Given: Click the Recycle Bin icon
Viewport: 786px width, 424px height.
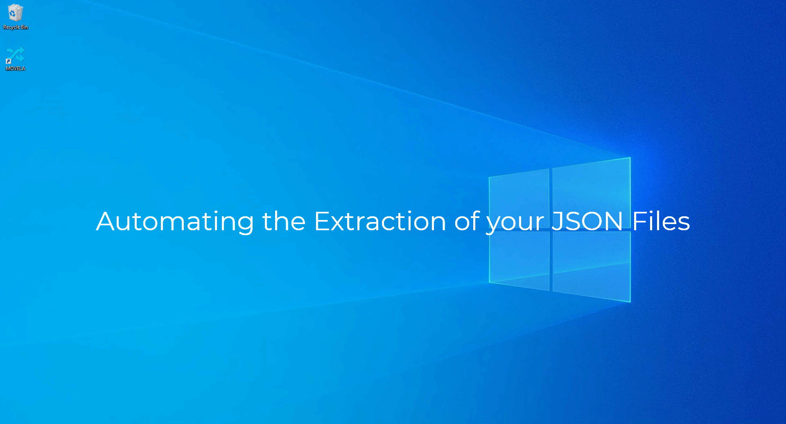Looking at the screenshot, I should pyautogui.click(x=15, y=13).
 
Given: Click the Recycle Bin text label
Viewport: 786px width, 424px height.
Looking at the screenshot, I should pyautogui.click(x=16, y=27).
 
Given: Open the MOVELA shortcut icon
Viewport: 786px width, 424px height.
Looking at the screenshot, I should pyautogui.click(x=16, y=55).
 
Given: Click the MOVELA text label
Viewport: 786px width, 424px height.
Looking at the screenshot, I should pyautogui.click(x=16, y=68).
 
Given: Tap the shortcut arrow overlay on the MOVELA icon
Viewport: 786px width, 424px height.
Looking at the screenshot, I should pyautogui.click(x=8, y=61).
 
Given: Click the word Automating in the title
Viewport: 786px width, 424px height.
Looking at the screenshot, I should pyautogui.click(x=175, y=222).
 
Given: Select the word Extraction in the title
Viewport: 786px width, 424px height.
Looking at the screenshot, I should pyautogui.click(x=379, y=222).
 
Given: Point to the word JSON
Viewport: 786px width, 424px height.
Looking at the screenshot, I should pyautogui.click(x=587, y=222).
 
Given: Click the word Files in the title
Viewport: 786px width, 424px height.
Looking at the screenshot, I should pyautogui.click(x=661, y=222).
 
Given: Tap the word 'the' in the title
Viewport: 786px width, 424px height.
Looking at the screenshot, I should pyautogui.click(x=284, y=222).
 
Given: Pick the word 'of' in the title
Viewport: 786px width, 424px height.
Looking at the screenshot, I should pyautogui.click(x=467, y=222).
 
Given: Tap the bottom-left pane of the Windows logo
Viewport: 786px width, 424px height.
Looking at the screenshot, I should pyautogui.click(x=519, y=258).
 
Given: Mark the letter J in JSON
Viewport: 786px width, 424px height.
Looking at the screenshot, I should pyautogui.click(x=558, y=222).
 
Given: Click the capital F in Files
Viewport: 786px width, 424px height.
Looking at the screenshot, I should pyautogui.click(x=639, y=222).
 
